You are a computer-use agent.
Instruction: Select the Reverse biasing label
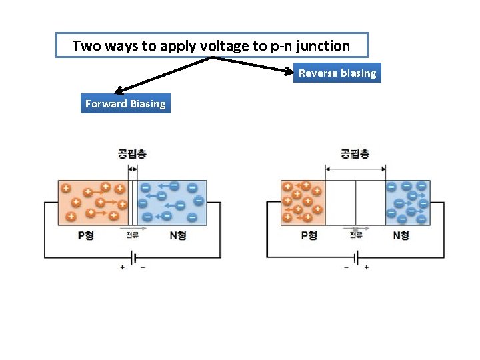pyautogui.click(x=337, y=73)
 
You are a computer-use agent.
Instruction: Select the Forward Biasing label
pyautogui.click(x=125, y=103)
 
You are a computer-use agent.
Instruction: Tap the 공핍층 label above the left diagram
pyautogui.click(x=132, y=154)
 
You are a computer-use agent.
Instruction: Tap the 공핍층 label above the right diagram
pyautogui.click(x=355, y=154)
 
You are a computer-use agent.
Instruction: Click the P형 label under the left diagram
pyautogui.click(x=87, y=235)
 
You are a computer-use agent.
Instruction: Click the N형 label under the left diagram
pyautogui.click(x=178, y=235)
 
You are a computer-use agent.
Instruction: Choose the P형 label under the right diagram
pyautogui.click(x=309, y=235)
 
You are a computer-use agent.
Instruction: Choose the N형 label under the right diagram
pyautogui.click(x=401, y=235)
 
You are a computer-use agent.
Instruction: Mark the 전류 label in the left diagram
pyautogui.click(x=133, y=235)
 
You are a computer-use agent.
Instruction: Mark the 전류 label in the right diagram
pyautogui.click(x=356, y=235)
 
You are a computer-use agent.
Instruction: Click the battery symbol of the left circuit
pyautogui.click(x=133, y=257)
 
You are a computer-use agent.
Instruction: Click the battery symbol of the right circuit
pyautogui.click(x=356, y=257)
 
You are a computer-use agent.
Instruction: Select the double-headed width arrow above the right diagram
pyautogui.click(x=355, y=167)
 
